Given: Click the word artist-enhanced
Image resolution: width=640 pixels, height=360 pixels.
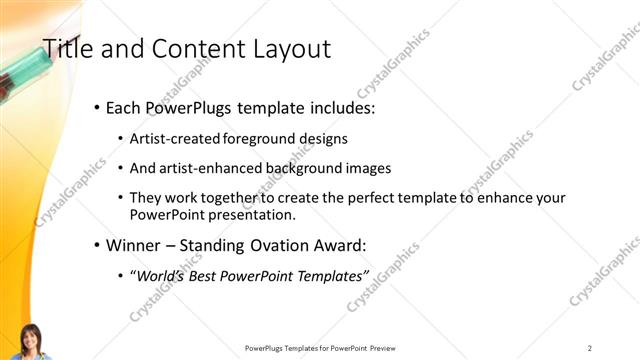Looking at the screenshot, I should pyautogui.click(x=206, y=169).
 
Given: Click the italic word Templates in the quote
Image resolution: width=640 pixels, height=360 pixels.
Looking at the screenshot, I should pyautogui.click(x=331, y=275).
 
